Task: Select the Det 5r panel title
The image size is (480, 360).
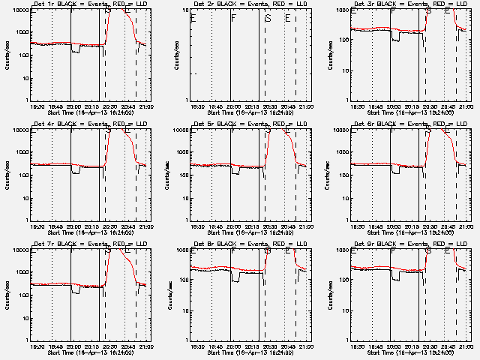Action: click(250, 124)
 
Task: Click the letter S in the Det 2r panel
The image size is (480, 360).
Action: click(268, 18)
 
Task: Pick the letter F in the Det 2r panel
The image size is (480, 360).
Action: click(233, 18)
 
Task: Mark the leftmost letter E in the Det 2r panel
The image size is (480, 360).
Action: click(193, 18)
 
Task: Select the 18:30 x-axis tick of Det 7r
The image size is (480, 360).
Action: click(36, 345)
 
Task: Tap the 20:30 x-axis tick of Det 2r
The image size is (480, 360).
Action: click(268, 105)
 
